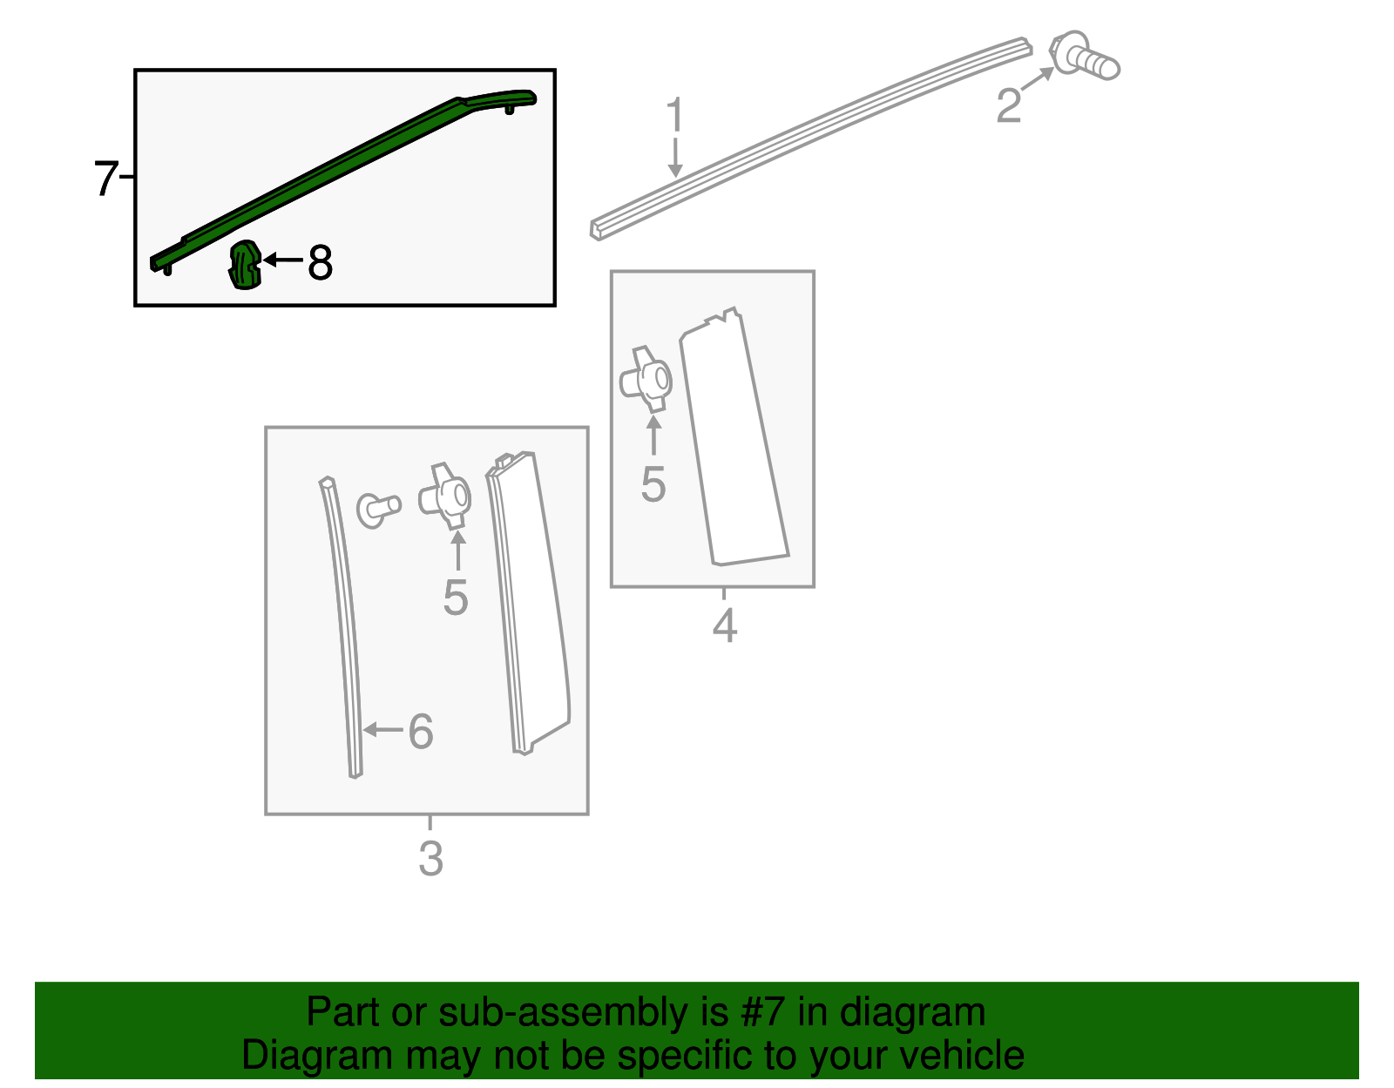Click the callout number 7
(105, 178)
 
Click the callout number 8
(320, 262)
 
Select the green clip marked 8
(245, 265)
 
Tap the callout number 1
(675, 114)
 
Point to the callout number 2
(1008, 105)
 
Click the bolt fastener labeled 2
(1084, 57)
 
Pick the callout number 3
(430, 859)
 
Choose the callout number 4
(725, 625)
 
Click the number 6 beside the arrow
(421, 731)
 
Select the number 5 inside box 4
(653, 484)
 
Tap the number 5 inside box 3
(456, 598)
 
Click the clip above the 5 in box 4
(646, 380)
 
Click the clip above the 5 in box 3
(445, 497)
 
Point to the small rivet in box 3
(378, 510)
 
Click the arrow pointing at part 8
(283, 260)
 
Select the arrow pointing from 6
(383, 730)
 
